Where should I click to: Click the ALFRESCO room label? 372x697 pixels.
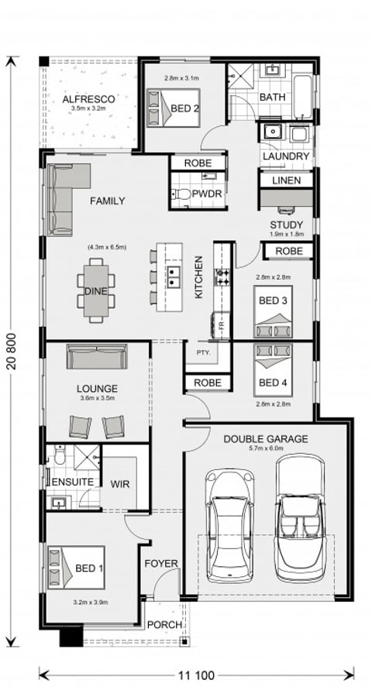click(89, 100)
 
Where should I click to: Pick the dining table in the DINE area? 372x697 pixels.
click(96, 289)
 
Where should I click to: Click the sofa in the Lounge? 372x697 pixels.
click(97, 357)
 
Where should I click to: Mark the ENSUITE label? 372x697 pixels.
click(73, 482)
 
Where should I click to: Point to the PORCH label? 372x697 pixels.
click(164, 624)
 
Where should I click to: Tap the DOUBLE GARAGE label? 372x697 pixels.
click(265, 440)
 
